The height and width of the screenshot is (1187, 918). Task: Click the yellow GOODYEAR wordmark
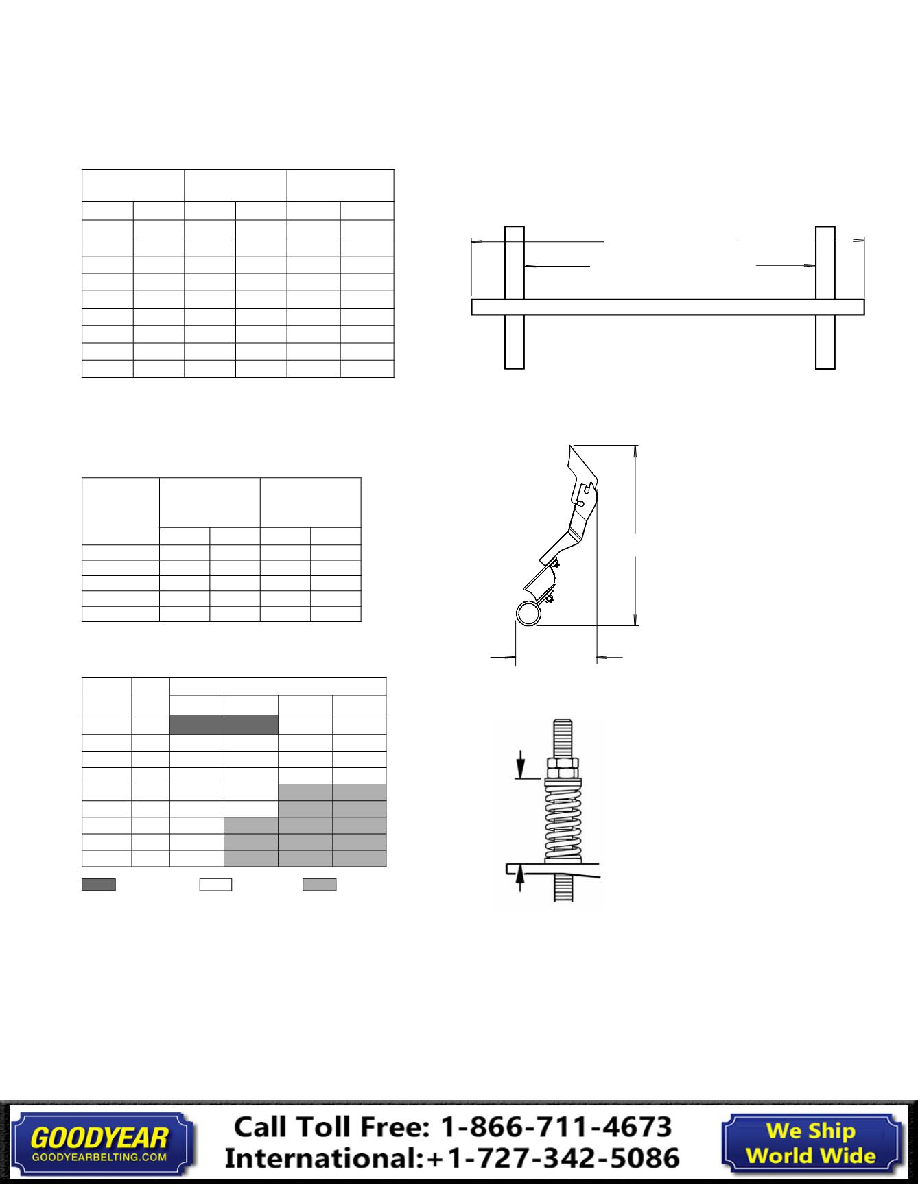pos(99,1138)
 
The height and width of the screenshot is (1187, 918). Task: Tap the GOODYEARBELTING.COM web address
pos(99,1157)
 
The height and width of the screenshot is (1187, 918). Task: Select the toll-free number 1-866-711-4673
pos(556,1127)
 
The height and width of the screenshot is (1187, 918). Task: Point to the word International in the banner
pos(322,1158)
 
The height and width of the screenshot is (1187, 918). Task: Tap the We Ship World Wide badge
pos(811,1142)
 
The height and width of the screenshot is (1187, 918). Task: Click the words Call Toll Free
pos(333,1127)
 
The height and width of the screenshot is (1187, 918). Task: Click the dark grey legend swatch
pos(99,885)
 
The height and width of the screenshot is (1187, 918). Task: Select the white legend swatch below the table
pos(215,885)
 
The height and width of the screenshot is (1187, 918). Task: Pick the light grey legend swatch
pos(320,885)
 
